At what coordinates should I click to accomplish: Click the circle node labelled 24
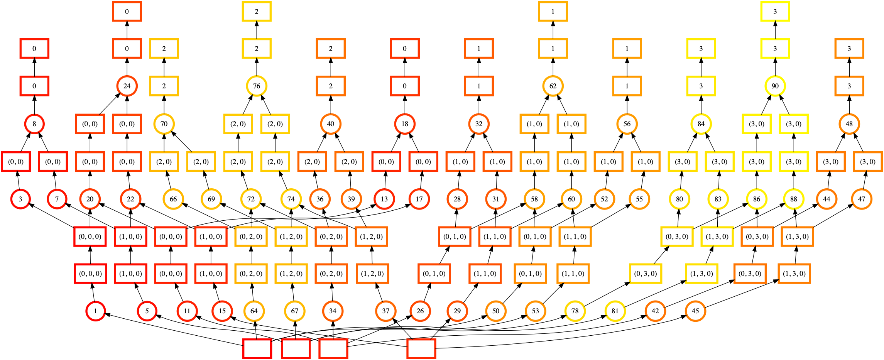click(127, 86)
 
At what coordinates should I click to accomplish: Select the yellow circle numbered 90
click(775, 86)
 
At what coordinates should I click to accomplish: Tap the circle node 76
click(257, 86)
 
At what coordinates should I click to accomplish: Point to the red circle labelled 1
click(95, 311)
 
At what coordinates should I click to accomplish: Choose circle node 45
click(695, 311)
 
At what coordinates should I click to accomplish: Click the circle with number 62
click(553, 86)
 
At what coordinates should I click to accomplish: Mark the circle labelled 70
click(164, 124)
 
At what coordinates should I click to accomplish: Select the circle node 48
click(849, 124)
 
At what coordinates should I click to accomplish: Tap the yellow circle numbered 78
click(575, 311)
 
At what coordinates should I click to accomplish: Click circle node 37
click(386, 311)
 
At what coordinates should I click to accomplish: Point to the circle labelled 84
click(701, 124)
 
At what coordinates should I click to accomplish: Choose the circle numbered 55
click(639, 199)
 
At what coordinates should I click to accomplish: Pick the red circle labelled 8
click(34, 124)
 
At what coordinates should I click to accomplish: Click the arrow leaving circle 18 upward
click(405, 105)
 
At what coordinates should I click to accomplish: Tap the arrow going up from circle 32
click(479, 105)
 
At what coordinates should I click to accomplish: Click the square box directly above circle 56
click(627, 86)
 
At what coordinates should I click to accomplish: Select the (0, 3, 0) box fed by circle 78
click(646, 274)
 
